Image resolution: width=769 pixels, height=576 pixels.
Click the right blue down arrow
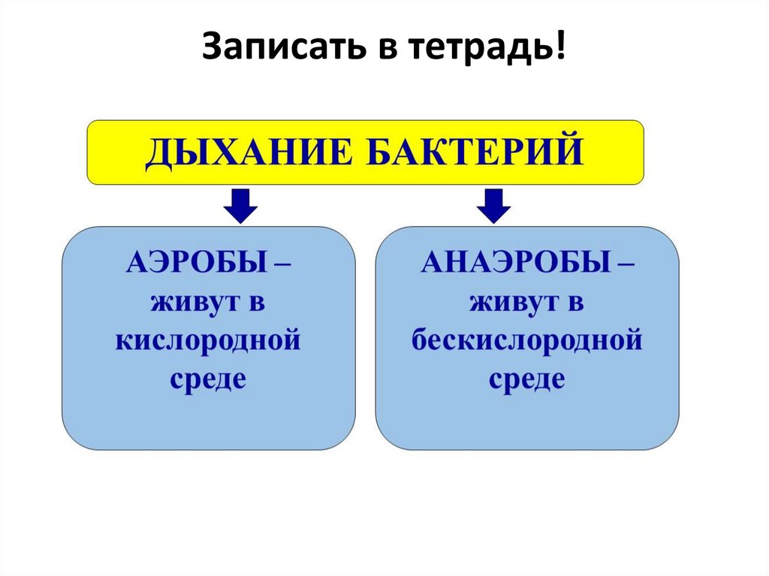pos(493,206)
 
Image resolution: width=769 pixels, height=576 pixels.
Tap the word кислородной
pos(208,341)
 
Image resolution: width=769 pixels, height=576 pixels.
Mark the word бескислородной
pos(527,341)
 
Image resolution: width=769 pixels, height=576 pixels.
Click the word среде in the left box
pos(208,378)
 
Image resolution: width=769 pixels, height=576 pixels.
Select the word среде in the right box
pos(527,378)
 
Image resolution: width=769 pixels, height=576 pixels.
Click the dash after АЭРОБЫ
pos(280,265)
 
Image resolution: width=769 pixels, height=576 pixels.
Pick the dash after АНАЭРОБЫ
pos(623,265)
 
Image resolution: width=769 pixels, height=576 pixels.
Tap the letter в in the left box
pos(258,303)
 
